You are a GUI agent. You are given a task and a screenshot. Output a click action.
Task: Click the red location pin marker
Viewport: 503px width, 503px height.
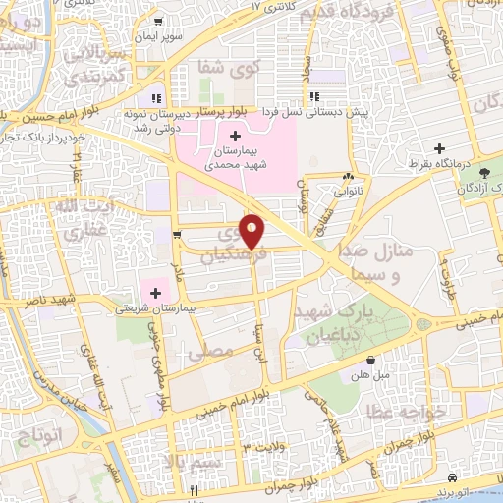253,231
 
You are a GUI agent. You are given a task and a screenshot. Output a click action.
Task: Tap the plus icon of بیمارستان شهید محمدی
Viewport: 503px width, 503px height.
234,136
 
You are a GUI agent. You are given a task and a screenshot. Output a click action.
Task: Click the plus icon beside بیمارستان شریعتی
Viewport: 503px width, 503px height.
155,291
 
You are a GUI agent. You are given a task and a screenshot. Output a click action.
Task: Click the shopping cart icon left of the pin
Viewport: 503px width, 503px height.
176,234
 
